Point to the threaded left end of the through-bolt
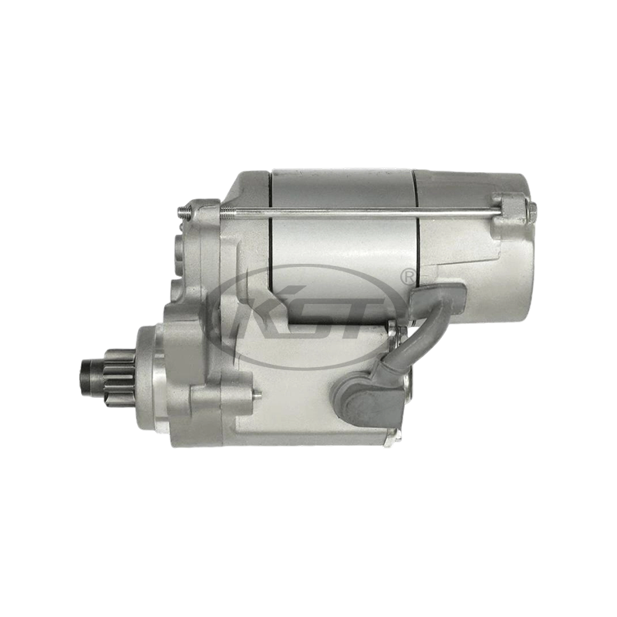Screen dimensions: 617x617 [x=184, y=210]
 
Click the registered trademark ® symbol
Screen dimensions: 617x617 [x=406, y=275]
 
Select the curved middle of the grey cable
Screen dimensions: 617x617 [x=413, y=332]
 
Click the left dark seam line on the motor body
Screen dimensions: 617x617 [x=271, y=231]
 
